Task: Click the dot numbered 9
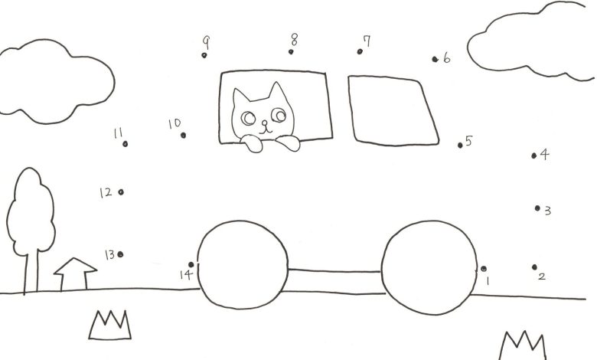tap(204, 55)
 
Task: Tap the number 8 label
tap(295, 39)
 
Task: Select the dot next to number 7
tap(360, 51)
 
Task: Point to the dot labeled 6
tap(435, 59)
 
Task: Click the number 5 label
tap(468, 141)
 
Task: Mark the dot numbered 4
tap(533, 155)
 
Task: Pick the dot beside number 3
tap(537, 208)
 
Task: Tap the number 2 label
tap(542, 277)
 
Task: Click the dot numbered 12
tap(121, 192)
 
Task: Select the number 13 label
tap(109, 254)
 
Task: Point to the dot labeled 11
tap(126, 144)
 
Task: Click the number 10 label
tap(175, 123)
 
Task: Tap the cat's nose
tap(264, 123)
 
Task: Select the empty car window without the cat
tap(393, 110)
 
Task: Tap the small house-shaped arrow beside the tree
tap(75, 259)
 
